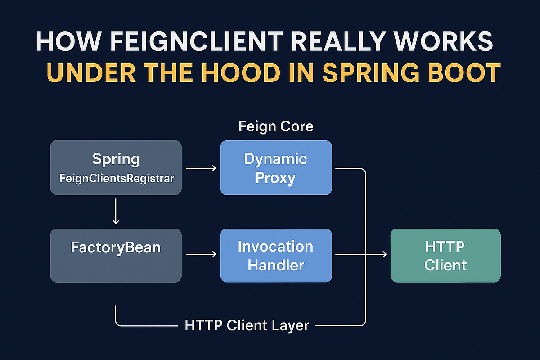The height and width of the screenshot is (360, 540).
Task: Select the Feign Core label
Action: pyautogui.click(x=276, y=126)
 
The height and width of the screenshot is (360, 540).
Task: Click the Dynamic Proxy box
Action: pyautogui.click(x=276, y=168)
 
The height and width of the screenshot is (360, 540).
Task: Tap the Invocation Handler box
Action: pyautogui.click(x=276, y=255)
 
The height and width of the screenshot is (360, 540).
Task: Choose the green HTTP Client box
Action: pyautogui.click(x=445, y=255)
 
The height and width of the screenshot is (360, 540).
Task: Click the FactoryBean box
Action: pyautogui.click(x=116, y=255)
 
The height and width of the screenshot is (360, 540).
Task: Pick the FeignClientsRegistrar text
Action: pyautogui.click(x=117, y=178)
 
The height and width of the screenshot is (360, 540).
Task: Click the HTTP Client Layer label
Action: pyautogui.click(x=247, y=325)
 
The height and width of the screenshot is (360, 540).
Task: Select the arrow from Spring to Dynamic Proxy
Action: pyautogui.click(x=201, y=168)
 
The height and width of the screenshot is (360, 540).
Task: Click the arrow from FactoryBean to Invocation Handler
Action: pyautogui.click(x=201, y=255)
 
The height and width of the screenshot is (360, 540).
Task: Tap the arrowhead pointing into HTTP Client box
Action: pyautogui.click(x=384, y=255)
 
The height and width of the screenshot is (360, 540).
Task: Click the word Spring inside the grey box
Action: pyautogui.click(x=116, y=159)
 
